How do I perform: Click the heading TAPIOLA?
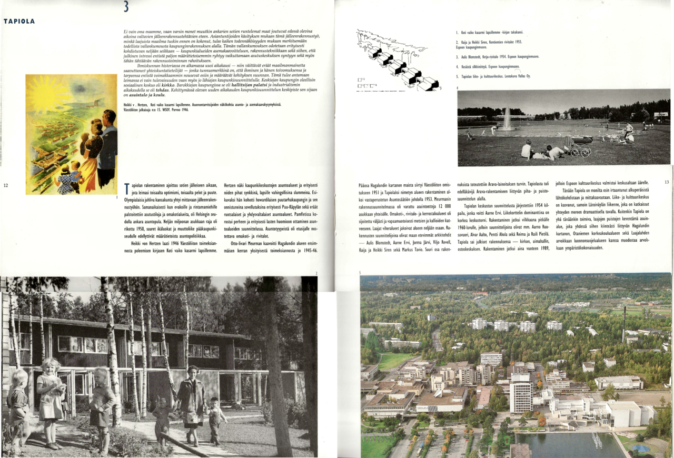pyautogui.click(x=19, y=22)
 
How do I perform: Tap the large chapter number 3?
pyautogui.click(x=125, y=6)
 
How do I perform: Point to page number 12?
pyautogui.click(x=6, y=185)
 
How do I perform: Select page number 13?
pyautogui.click(x=667, y=182)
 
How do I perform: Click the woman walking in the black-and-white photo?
pyautogui.click(x=191, y=400)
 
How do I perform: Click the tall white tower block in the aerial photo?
pyautogui.click(x=521, y=393)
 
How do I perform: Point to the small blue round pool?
pyautogui.click(x=640, y=449)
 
